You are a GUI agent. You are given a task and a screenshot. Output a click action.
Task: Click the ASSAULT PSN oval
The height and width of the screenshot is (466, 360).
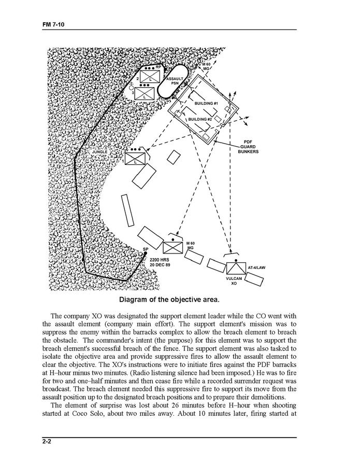[176, 81]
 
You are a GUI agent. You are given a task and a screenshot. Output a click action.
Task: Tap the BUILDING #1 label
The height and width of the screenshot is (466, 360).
[206, 104]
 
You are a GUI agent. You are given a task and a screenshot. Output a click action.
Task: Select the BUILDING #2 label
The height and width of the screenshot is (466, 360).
[200, 120]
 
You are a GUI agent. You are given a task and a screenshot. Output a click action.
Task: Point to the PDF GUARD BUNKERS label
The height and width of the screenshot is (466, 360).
[248, 146]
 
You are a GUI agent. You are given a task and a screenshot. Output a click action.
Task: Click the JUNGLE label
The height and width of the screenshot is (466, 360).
[101, 151]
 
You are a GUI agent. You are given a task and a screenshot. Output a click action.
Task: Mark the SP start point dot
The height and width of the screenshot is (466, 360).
[146, 253]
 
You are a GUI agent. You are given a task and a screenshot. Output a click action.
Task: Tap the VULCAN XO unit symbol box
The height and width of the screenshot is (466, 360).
[236, 269]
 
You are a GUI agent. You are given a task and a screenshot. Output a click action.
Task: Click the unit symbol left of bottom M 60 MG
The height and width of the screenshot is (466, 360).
[172, 248]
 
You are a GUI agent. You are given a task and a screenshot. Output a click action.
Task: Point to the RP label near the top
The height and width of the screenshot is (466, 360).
[159, 67]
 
